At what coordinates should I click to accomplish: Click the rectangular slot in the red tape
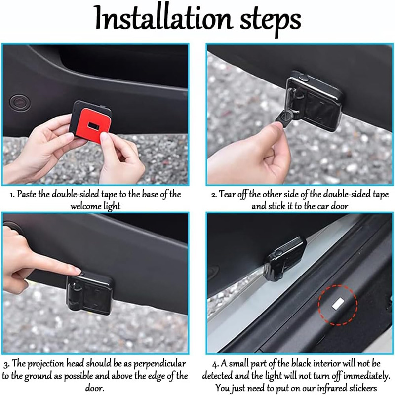[x=93, y=125]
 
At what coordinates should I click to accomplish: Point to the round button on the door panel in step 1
[x=20, y=103]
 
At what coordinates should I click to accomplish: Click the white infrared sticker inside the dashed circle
[x=338, y=303]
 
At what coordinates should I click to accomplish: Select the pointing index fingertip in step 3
[x=77, y=270]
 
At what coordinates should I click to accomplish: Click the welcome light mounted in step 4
[x=285, y=259]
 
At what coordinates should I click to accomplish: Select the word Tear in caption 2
[x=227, y=194]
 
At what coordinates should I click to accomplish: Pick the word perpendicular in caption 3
[x=159, y=364]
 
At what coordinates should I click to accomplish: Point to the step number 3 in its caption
[x=7, y=365]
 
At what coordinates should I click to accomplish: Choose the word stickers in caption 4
[x=364, y=388]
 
